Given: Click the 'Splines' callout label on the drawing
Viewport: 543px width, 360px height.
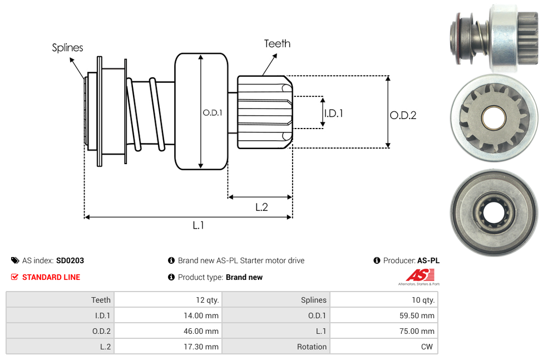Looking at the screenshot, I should pyautogui.click(x=67, y=48).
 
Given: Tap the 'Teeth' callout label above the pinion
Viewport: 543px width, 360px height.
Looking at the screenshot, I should pyautogui.click(x=277, y=43).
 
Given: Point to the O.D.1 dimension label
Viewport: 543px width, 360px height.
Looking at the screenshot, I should pyautogui.click(x=213, y=112).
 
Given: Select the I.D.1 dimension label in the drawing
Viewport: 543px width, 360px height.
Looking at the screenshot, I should pyautogui.click(x=333, y=114).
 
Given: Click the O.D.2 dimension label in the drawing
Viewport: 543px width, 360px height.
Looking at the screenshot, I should pyautogui.click(x=403, y=116).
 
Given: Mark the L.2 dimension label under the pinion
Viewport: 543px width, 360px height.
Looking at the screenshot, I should pyautogui.click(x=261, y=208).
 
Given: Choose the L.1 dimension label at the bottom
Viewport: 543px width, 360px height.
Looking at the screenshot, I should pyautogui.click(x=199, y=225).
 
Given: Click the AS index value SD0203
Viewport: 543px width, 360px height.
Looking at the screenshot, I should pyautogui.click(x=70, y=260).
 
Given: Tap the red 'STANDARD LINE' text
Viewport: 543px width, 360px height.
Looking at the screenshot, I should pyautogui.click(x=51, y=277).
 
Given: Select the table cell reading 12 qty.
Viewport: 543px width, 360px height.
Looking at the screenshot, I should pyautogui.click(x=207, y=300).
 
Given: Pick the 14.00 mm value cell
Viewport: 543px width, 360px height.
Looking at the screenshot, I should pyautogui.click(x=204, y=315).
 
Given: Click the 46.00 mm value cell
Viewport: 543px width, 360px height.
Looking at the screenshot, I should pyautogui.click(x=204, y=331).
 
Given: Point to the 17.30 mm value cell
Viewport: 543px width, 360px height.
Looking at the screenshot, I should pyautogui.click(x=204, y=347).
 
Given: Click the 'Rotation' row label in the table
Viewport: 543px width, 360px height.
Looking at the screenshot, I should pyautogui.click(x=312, y=347).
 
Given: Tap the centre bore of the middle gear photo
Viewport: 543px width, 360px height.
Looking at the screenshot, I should pyautogui.click(x=493, y=117).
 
